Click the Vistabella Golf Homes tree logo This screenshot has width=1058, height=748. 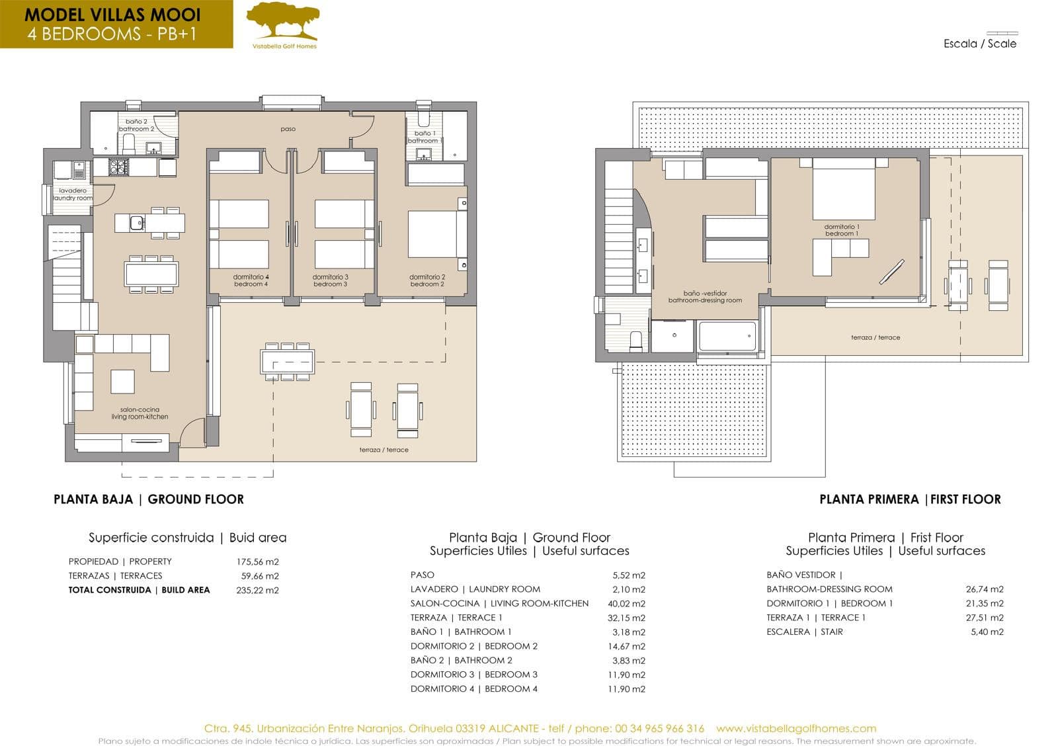click(283, 21)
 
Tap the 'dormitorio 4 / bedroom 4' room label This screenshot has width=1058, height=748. click(251, 280)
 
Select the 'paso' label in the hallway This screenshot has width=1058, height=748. click(288, 128)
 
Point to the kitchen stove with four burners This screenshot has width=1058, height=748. click(118, 167)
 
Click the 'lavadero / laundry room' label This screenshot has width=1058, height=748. click(73, 194)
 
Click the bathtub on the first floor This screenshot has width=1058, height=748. click(727, 336)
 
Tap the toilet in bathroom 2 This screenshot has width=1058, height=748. click(129, 144)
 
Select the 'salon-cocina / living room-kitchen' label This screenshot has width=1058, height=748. click(140, 413)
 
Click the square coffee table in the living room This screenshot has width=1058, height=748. click(122, 382)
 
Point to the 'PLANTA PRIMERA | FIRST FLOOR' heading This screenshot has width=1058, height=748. click(910, 499)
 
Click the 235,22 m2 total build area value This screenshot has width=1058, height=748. click(257, 590)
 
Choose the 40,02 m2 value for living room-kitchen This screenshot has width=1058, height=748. click(626, 603)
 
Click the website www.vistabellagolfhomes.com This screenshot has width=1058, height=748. click(796, 729)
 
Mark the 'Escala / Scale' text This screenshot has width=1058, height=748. click(979, 44)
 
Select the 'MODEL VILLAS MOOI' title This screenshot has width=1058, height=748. click(112, 15)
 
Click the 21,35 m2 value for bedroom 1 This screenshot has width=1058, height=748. click(985, 603)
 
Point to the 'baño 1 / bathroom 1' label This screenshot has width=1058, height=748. click(424, 137)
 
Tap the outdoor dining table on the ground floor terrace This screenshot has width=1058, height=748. click(287, 362)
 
